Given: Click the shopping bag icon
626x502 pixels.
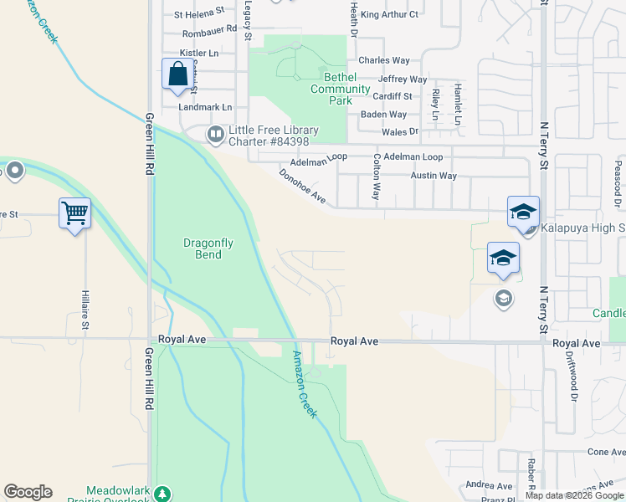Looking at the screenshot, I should click(x=178, y=74).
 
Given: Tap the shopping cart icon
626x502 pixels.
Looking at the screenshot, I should click(x=74, y=213).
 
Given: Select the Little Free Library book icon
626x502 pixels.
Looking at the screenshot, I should click(x=216, y=133).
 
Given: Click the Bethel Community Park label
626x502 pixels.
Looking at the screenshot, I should click(x=340, y=95).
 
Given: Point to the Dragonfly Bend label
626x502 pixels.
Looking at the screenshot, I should click(x=203, y=248).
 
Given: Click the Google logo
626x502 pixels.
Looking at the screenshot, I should click(x=28, y=492).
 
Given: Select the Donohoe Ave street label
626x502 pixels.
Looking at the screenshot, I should click(x=302, y=185).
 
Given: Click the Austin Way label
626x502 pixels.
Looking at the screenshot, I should click(x=434, y=176).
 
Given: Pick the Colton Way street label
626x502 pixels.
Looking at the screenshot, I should click(x=377, y=176).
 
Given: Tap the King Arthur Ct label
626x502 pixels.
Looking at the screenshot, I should click(x=389, y=14).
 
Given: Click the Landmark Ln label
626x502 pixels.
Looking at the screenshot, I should click(x=205, y=107).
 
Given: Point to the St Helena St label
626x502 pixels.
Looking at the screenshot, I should click(x=199, y=13).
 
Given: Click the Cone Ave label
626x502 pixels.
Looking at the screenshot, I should click(x=607, y=452).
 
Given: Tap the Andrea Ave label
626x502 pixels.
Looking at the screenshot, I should click(x=489, y=485).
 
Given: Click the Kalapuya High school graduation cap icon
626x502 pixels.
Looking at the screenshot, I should click(x=523, y=213).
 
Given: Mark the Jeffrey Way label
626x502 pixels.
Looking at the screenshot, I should click(x=403, y=79).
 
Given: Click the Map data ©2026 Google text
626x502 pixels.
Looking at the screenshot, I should click(x=573, y=495).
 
